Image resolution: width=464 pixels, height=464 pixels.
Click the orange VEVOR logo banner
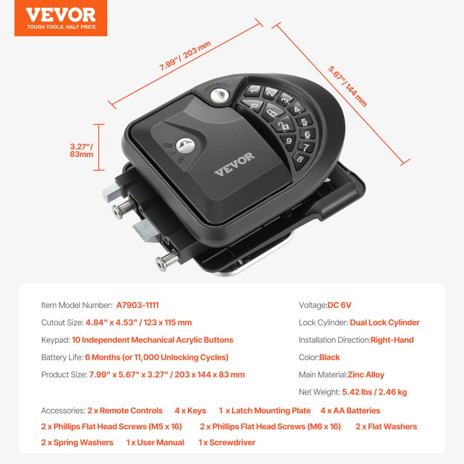pyautogui.click(x=61, y=18)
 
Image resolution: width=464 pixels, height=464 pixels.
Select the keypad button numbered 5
pyautogui.click(x=303, y=122)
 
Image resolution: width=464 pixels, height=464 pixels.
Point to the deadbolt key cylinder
pyautogui.click(x=216, y=96)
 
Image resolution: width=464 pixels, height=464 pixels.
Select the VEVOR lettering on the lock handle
pyautogui.click(x=234, y=164)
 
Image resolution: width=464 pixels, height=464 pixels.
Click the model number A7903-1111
pyautogui.click(x=137, y=305)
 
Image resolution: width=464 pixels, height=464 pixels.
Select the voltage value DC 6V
pyautogui.click(x=339, y=305)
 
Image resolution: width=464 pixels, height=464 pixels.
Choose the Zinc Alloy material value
pyautogui.click(x=366, y=374)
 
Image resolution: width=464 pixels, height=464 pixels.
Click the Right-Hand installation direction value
pyautogui.click(x=392, y=340)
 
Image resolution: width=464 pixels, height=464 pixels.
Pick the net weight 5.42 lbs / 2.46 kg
pyautogui.click(x=374, y=392)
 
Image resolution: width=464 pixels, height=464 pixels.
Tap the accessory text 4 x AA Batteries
pyautogui.click(x=350, y=411)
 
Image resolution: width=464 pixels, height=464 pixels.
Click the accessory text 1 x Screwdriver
pyautogui.click(x=226, y=442)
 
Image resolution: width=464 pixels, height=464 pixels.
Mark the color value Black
pyautogui.click(x=329, y=357)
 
